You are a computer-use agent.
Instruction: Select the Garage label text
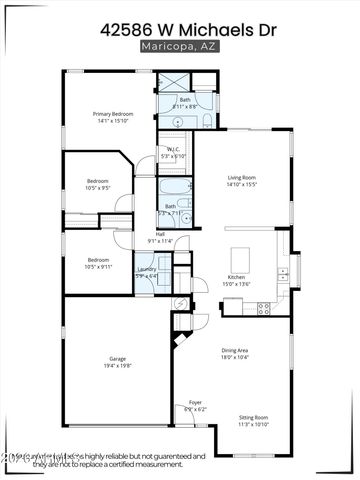click(117, 358)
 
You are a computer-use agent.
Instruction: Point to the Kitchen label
click(237, 276)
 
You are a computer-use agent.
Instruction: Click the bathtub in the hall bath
click(169, 187)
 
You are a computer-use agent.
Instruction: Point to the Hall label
click(160, 234)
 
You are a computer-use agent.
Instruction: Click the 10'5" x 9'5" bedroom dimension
click(97, 188)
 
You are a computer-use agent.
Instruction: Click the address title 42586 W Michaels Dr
click(180, 30)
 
